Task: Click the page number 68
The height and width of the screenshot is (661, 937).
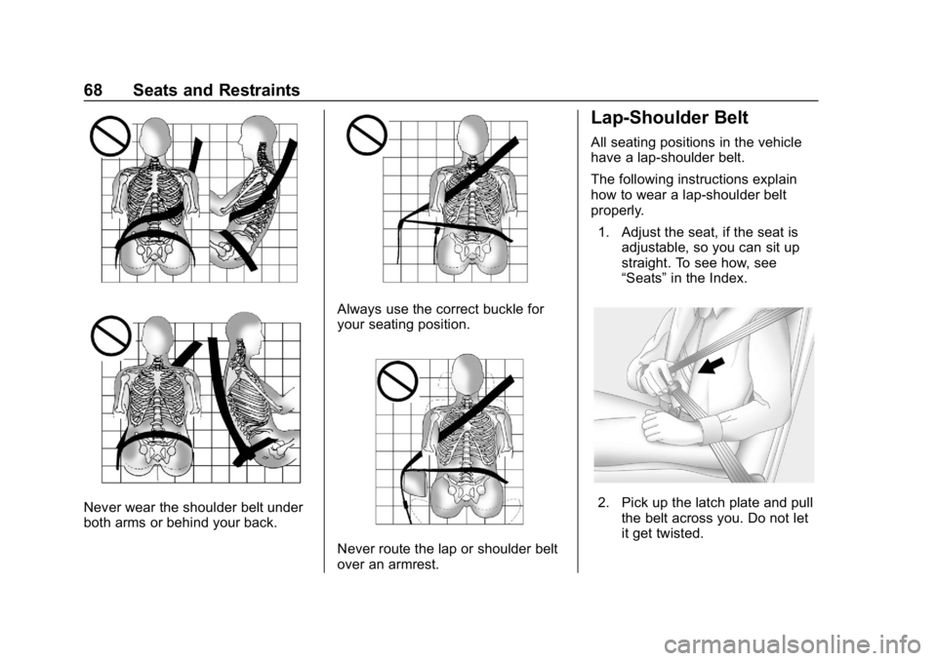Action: point(94,90)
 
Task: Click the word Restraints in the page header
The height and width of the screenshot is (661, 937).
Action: point(259,90)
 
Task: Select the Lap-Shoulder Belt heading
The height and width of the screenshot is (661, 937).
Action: point(670,118)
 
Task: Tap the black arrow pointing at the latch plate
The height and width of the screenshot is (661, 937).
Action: point(712,365)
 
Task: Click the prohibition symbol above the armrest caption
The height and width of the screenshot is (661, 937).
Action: point(397,380)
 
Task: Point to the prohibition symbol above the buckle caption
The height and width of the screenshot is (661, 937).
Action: point(367,135)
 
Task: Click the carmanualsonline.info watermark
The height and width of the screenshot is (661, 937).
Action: point(796,644)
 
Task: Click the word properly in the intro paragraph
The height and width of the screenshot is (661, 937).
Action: point(617,211)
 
